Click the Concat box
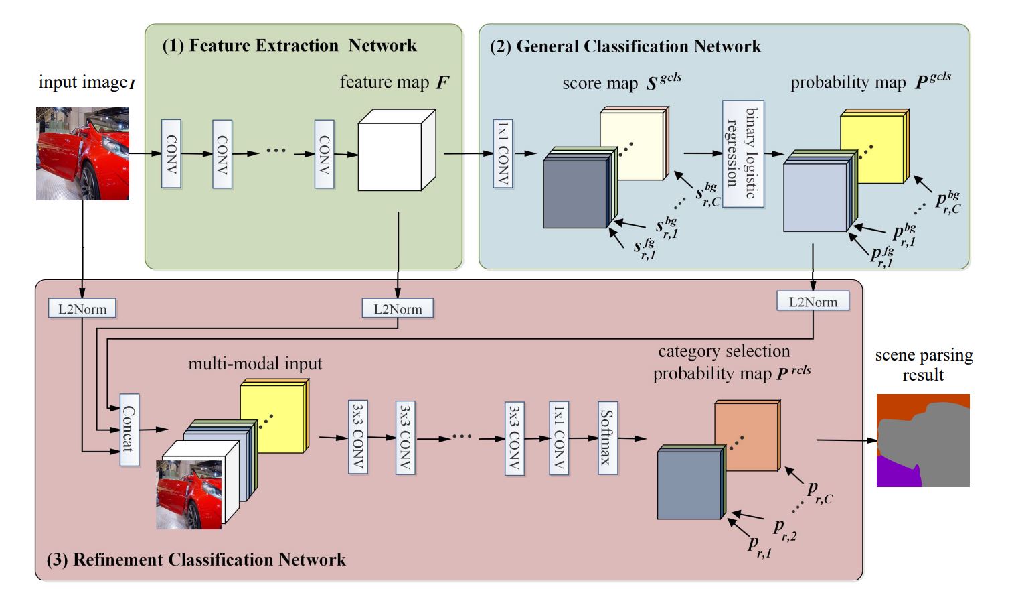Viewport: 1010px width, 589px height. [x=129, y=430]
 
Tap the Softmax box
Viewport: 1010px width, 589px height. [x=607, y=438]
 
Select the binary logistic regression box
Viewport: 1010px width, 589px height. [x=743, y=153]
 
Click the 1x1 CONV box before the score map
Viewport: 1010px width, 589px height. [x=503, y=153]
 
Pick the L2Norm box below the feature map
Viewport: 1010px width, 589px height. [x=398, y=309]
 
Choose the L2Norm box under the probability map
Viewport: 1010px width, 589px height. [x=813, y=302]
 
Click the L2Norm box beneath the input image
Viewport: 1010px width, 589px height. [x=82, y=309]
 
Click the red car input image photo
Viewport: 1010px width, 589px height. [x=82, y=153]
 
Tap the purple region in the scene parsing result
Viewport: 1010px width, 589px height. [x=897, y=472]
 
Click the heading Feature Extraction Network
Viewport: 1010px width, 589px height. [x=289, y=46]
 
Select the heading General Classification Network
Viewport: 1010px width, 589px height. [x=625, y=46]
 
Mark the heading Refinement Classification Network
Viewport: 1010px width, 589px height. [x=196, y=560]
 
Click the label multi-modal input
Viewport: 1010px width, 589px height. [x=255, y=364]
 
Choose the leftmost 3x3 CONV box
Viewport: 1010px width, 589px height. [x=358, y=438]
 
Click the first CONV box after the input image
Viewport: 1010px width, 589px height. [x=171, y=153]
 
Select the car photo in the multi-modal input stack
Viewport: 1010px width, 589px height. [x=189, y=494]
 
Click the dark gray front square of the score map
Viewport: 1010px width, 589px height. [x=575, y=194]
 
